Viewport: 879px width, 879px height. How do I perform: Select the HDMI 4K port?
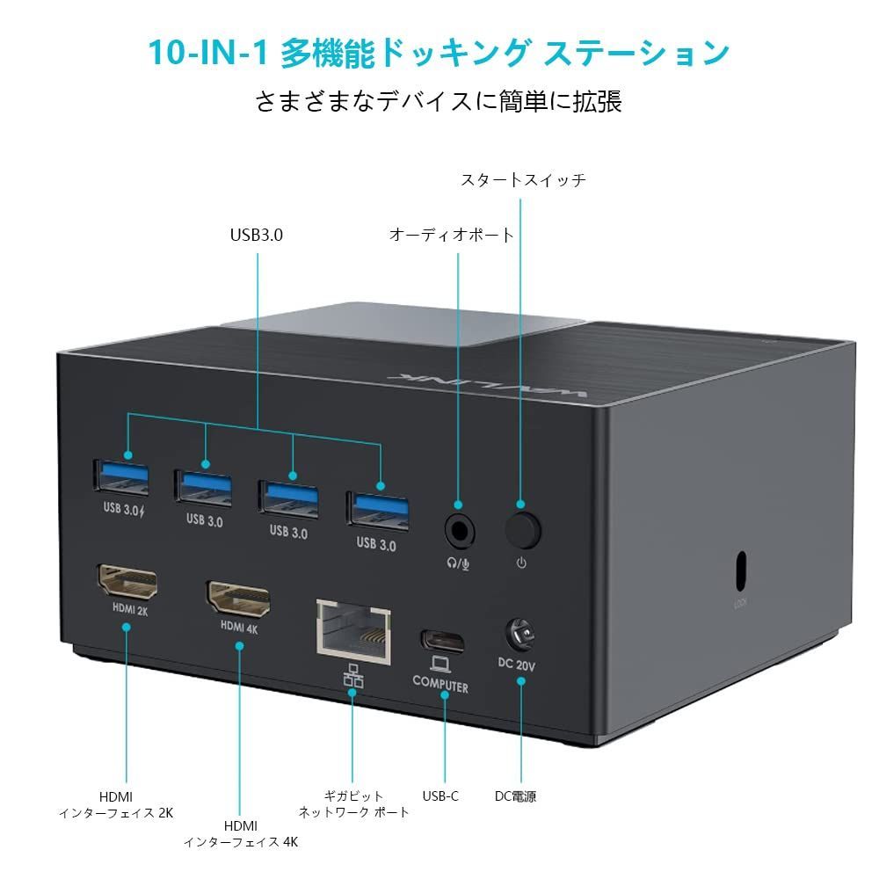click(238, 598)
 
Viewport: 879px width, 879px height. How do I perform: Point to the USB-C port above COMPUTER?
click(441, 639)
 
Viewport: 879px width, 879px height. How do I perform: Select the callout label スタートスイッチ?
click(523, 180)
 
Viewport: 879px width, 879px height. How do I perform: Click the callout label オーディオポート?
click(451, 236)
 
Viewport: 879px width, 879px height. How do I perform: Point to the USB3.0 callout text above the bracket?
click(257, 236)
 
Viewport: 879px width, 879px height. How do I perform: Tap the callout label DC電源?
click(515, 796)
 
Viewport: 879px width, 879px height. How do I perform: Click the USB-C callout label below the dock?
click(439, 796)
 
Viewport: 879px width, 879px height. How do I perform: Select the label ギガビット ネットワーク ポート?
click(353, 804)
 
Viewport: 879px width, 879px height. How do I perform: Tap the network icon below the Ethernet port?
click(352, 675)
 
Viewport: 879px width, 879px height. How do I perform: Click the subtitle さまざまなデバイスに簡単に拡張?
click(439, 101)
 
